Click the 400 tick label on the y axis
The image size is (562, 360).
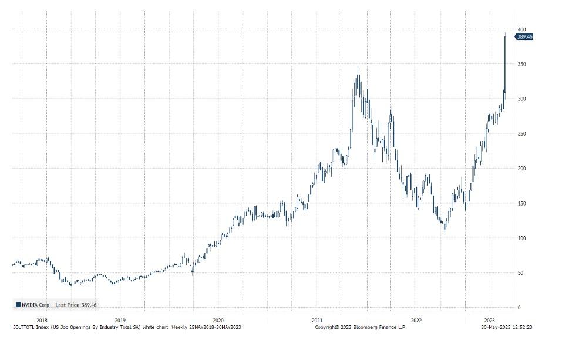coord(521,29)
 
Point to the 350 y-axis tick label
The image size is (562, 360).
coord(521,64)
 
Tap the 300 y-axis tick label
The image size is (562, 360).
coord(521,99)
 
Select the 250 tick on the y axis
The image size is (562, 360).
coord(521,134)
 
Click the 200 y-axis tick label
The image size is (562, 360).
coord(521,169)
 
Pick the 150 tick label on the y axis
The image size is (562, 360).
coord(521,203)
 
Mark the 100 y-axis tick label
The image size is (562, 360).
coord(521,238)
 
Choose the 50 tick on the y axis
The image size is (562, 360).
coord(520,273)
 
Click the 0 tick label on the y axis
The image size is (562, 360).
coord(519,308)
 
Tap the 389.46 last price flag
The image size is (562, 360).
coord(524,36)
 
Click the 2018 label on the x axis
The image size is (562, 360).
coord(42,321)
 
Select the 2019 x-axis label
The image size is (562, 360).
coord(120,321)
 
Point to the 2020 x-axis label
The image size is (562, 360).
coord(218,321)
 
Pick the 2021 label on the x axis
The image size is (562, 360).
coord(317,321)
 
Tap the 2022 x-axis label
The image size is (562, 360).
coord(416,321)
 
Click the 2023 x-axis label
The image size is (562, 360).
coord(489,321)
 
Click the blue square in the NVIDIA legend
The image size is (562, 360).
coord(18,304)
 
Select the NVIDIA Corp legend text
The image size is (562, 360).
coord(35,305)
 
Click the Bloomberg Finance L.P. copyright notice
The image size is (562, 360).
coord(361,327)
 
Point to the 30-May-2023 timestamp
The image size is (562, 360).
coord(506,327)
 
